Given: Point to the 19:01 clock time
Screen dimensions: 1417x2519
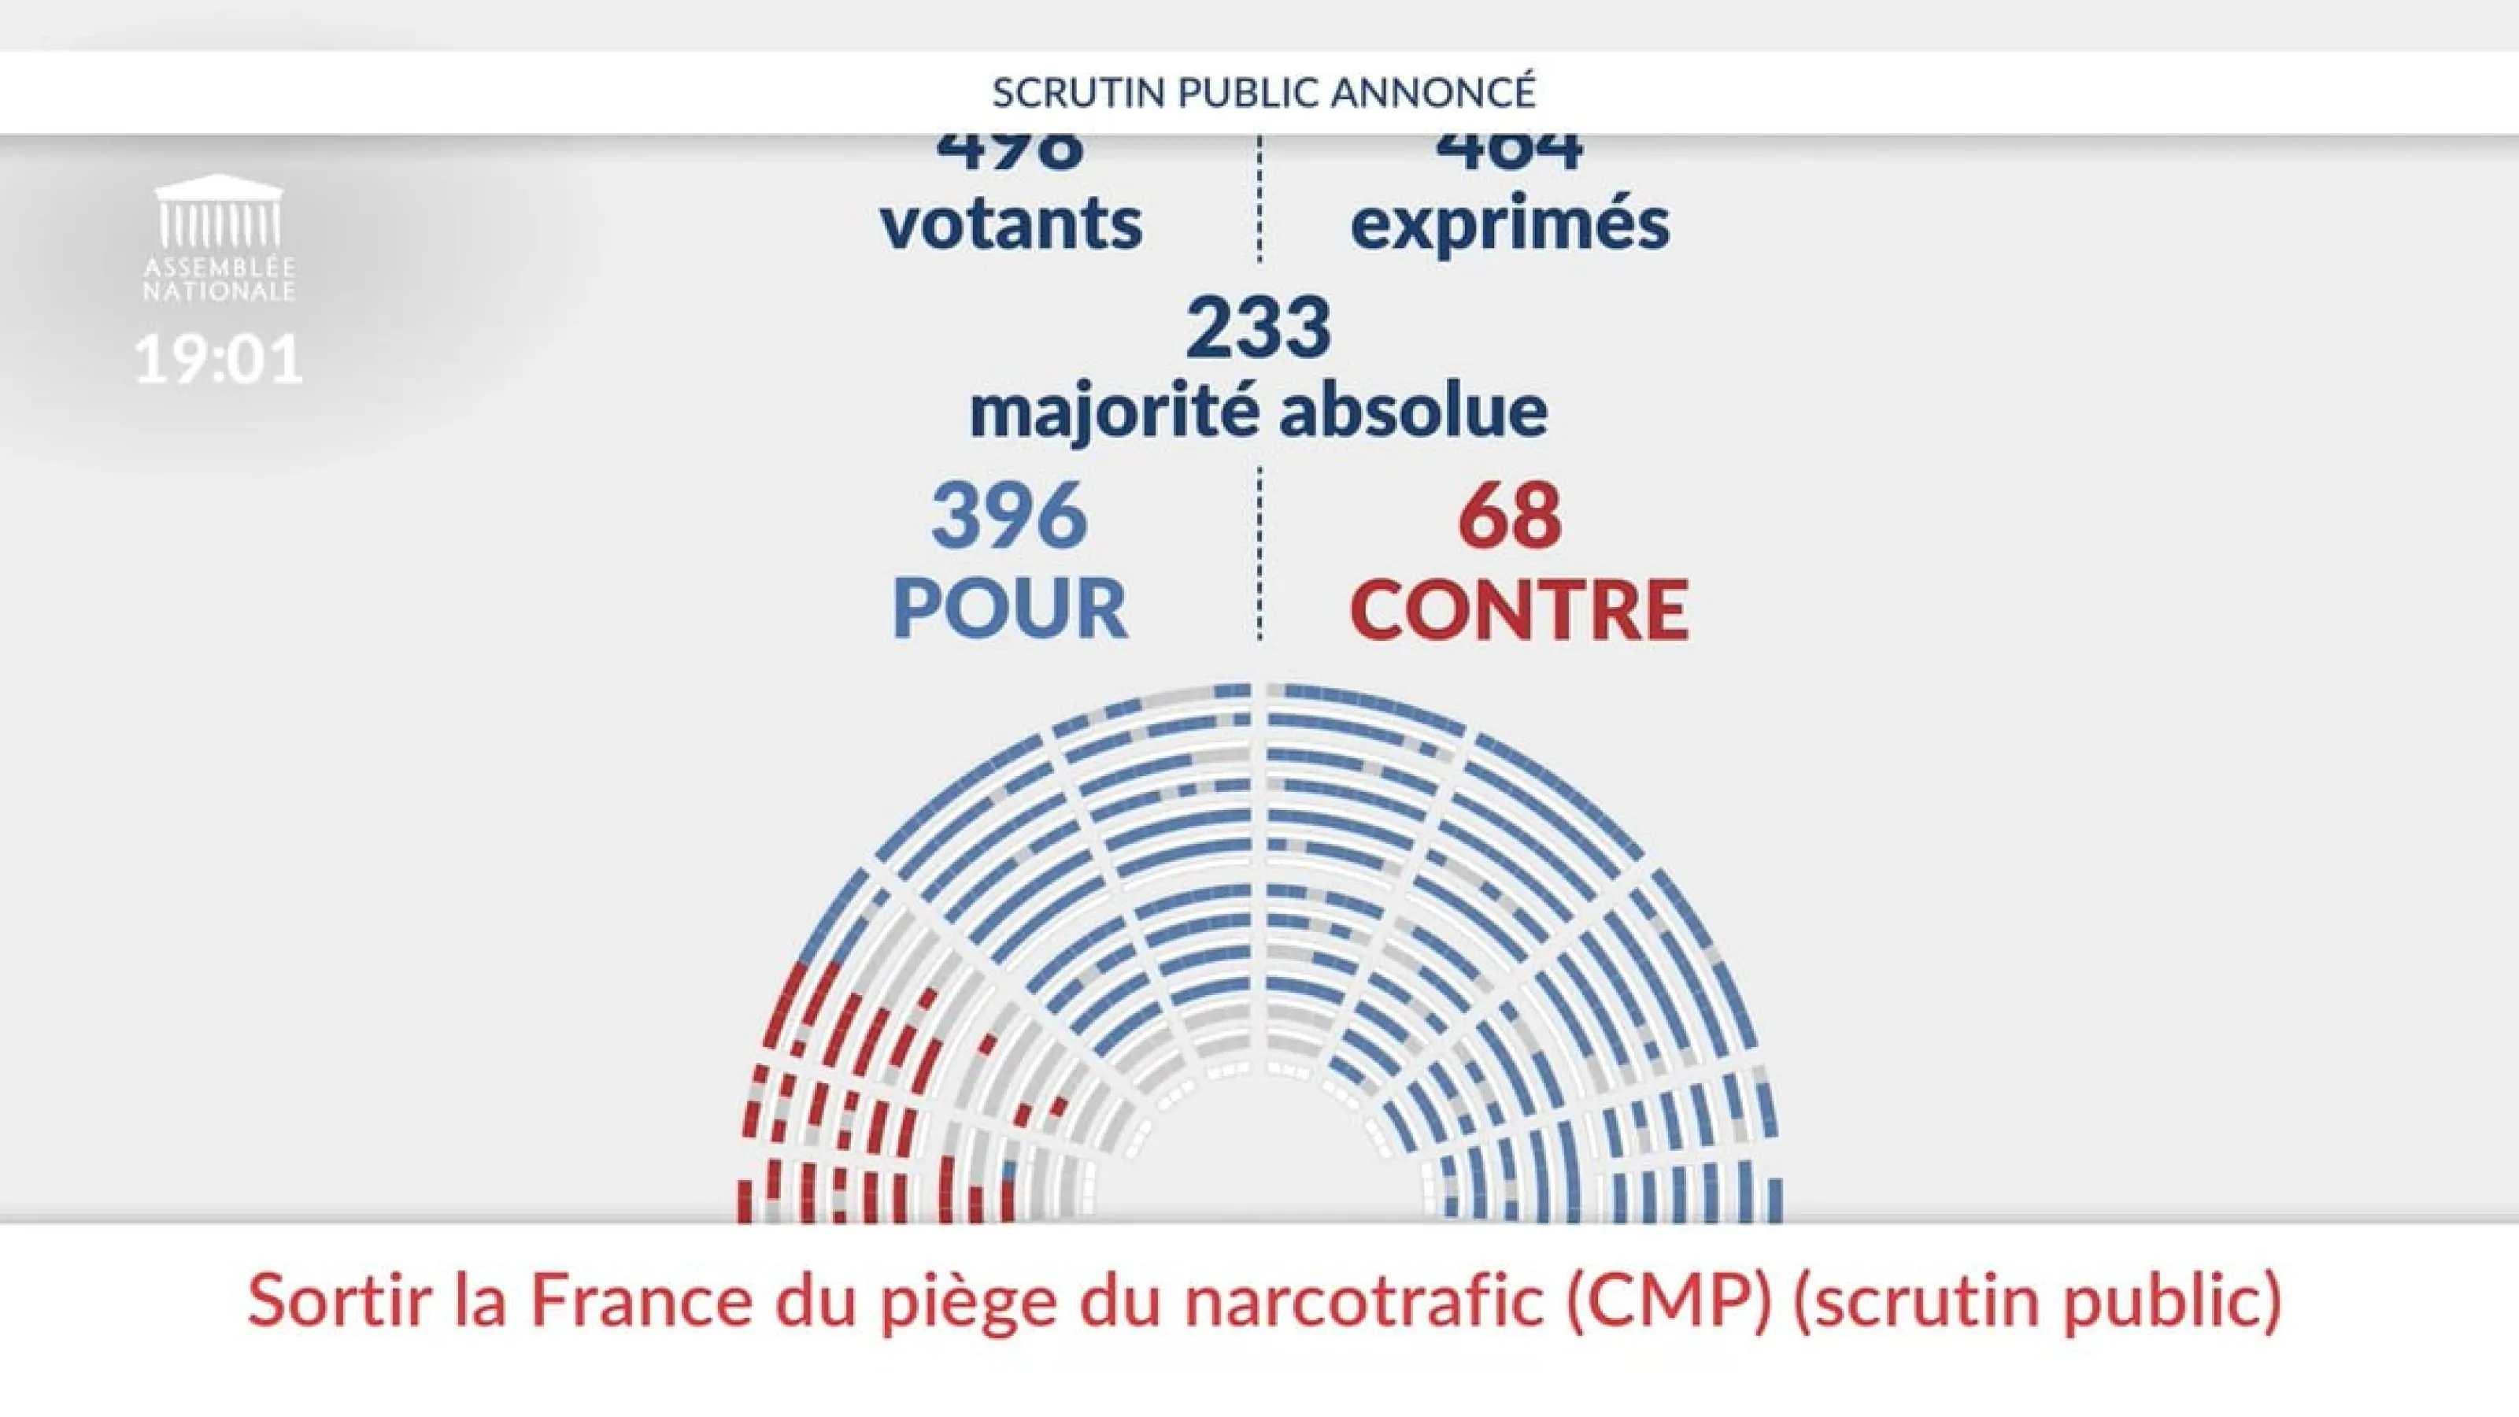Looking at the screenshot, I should pyautogui.click(x=219, y=359).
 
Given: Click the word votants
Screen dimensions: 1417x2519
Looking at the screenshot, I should pyautogui.click(x=1011, y=224).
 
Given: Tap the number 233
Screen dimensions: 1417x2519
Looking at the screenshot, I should pyautogui.click(x=1259, y=327).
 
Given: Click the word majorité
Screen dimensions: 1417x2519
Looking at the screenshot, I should pyautogui.click(x=1113, y=412).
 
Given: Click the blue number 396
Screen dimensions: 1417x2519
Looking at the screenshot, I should pyautogui.click(x=1009, y=516).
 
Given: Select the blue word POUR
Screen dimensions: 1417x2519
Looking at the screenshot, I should pyautogui.click(x=1009, y=609).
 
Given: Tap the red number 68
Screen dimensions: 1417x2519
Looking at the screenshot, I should pyautogui.click(x=1510, y=516).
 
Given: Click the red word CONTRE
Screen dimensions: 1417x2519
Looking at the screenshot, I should pyautogui.click(x=1518, y=609).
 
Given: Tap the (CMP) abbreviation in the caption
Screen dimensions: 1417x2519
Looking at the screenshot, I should pyautogui.click(x=1668, y=1300).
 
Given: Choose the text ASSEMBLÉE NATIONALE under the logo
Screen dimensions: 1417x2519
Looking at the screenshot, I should pyautogui.click(x=219, y=279).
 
